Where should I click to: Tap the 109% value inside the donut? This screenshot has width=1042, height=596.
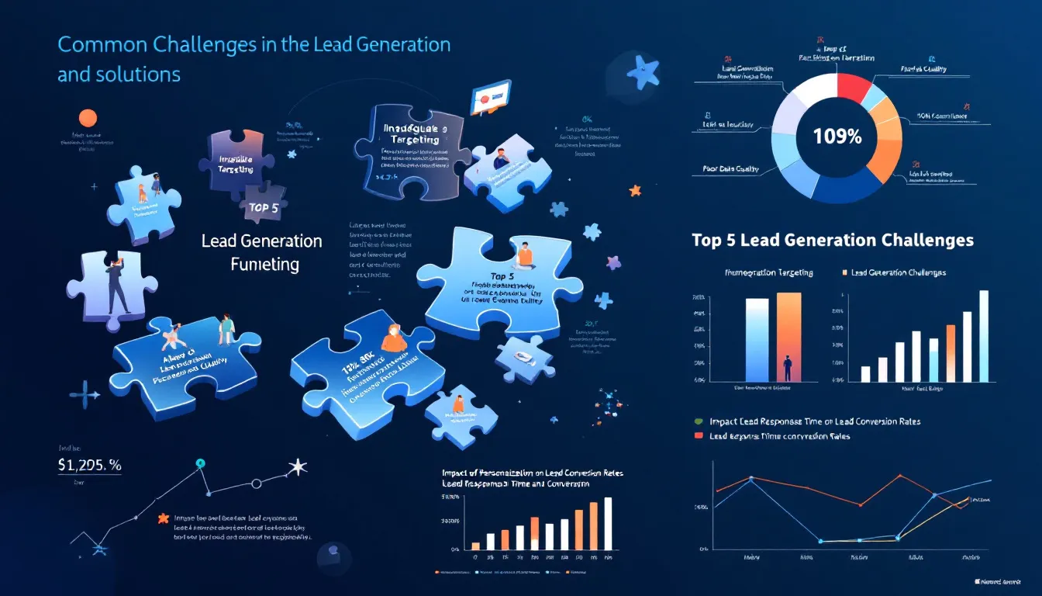coord(837,137)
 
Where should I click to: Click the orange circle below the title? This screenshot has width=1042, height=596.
coord(88,118)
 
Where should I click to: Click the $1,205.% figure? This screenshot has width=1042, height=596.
coord(89,466)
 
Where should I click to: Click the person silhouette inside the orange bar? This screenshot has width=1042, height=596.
coord(788,368)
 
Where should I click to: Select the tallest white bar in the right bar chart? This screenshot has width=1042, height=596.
coord(984,335)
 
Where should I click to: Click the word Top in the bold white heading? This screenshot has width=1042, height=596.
coord(707,240)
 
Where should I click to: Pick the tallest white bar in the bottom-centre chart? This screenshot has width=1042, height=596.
coord(608,523)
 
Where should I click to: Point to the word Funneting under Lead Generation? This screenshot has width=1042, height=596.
coord(264,265)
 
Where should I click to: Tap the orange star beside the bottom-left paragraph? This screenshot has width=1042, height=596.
coord(163,518)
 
